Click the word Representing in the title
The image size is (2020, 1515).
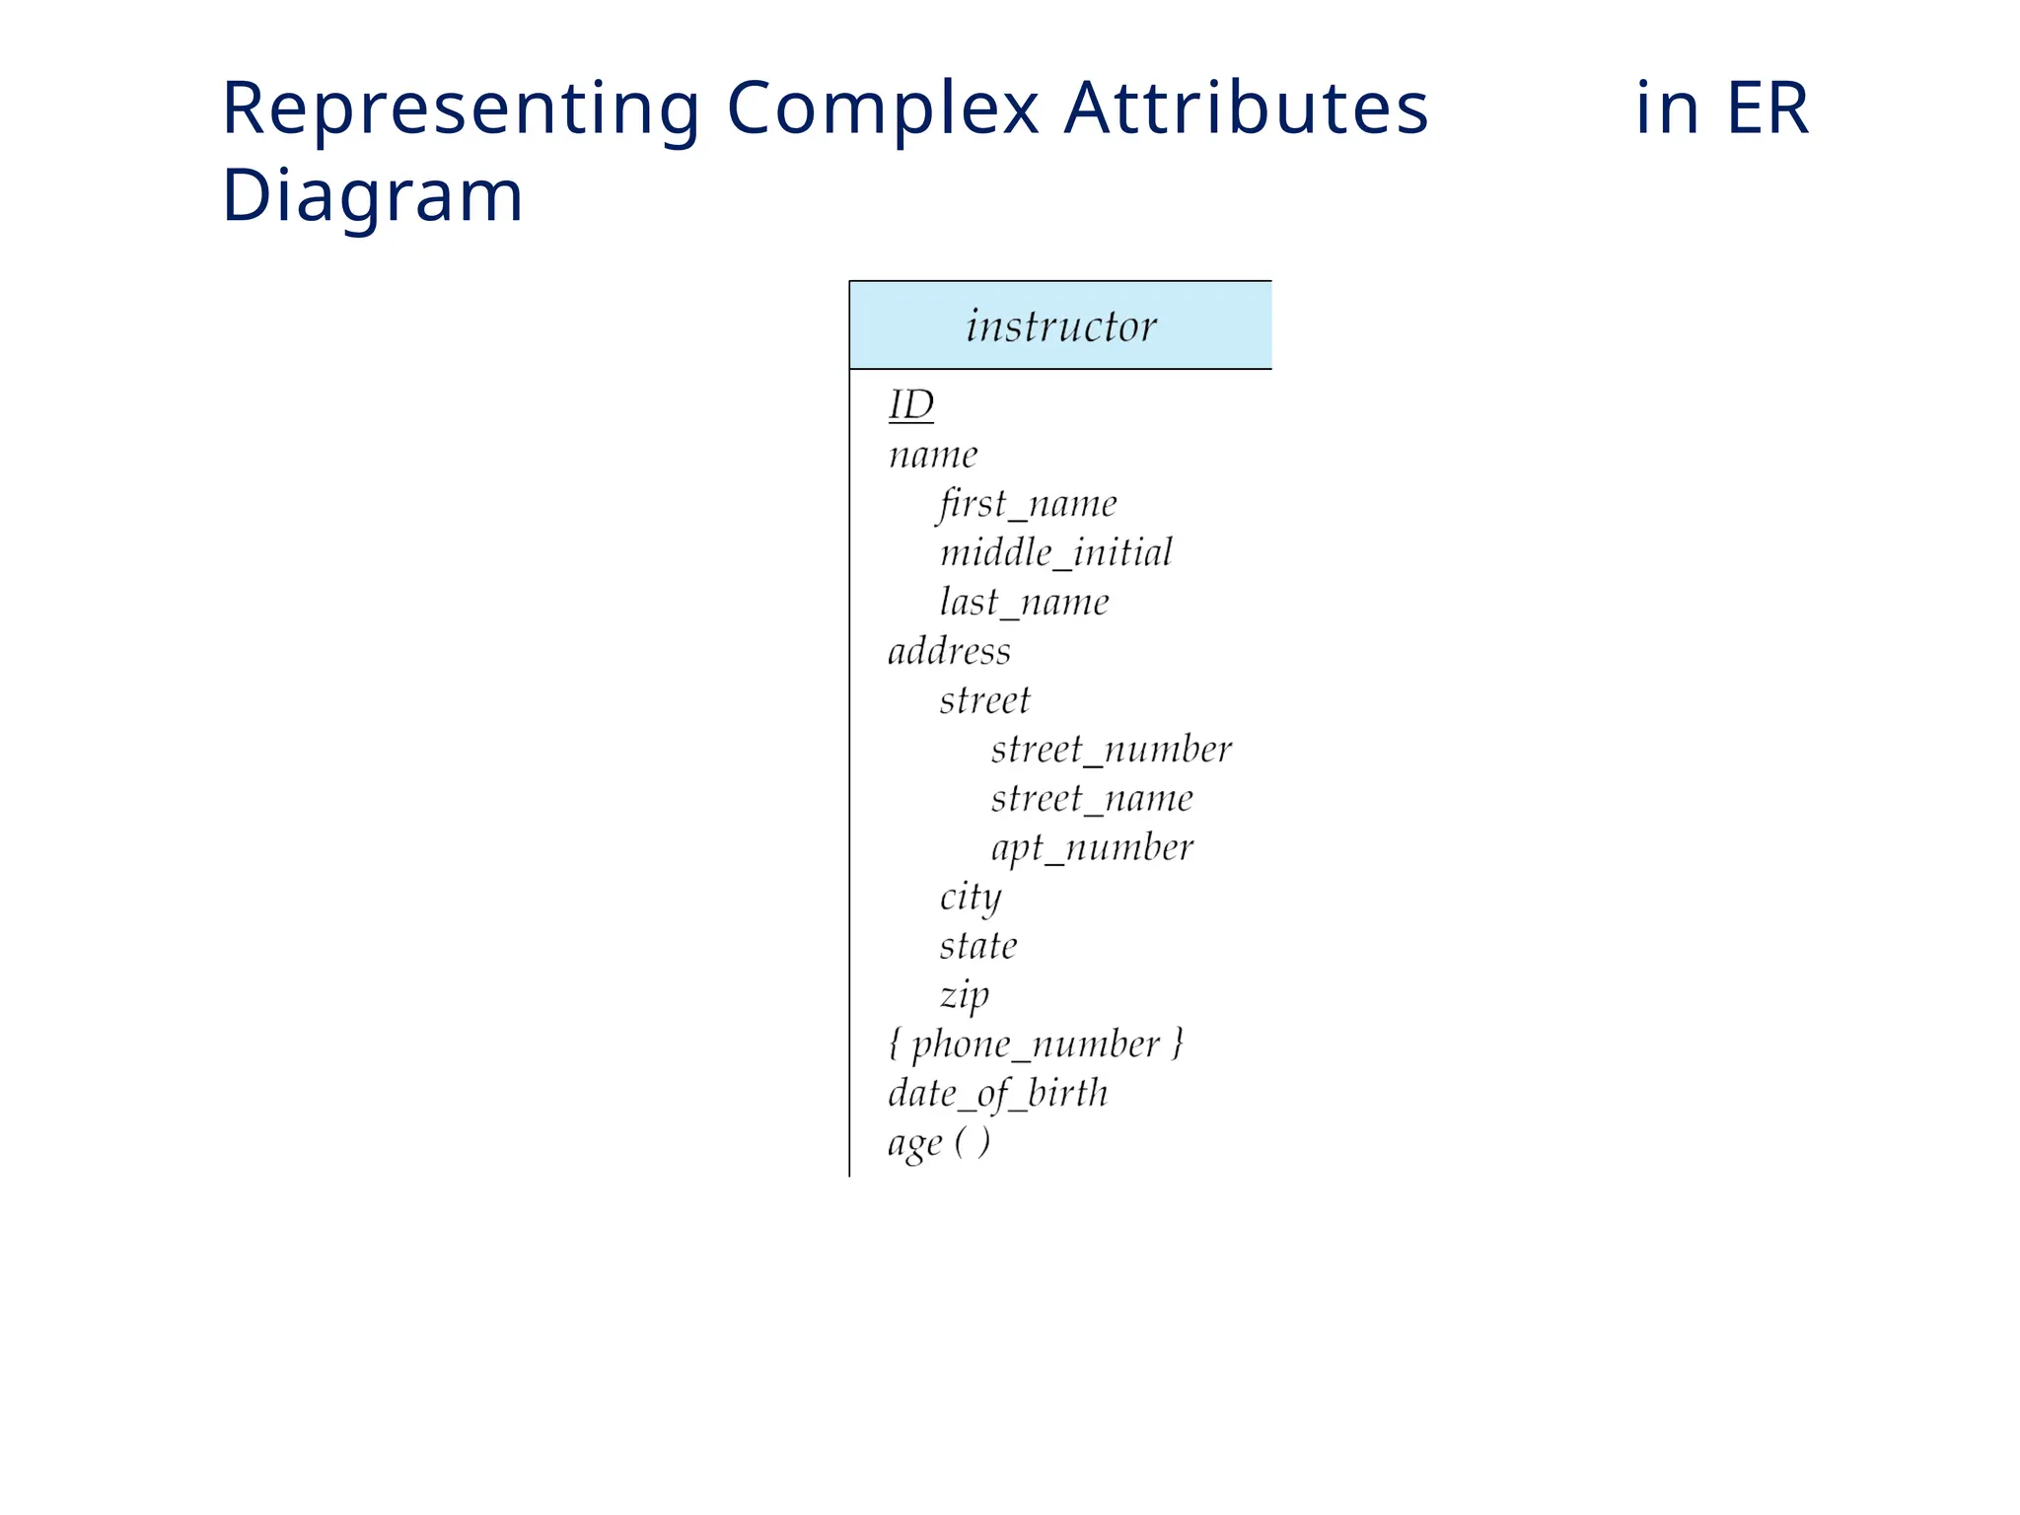(461, 108)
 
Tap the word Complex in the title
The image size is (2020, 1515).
(883, 108)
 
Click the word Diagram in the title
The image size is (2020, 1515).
(372, 195)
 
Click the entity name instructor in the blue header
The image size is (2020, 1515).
(1060, 326)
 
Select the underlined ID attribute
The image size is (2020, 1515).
(910, 404)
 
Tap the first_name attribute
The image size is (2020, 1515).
(1027, 504)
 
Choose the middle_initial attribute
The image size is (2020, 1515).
(1055, 552)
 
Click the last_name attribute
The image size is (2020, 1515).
(1024, 602)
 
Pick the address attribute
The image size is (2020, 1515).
(949, 651)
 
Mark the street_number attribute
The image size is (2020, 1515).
(1111, 750)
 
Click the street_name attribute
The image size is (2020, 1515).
(1092, 798)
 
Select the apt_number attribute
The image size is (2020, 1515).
(1092, 847)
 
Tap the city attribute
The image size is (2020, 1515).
(970, 898)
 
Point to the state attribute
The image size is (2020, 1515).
(977, 946)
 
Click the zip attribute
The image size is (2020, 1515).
(964, 995)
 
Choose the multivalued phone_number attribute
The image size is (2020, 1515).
(1035, 1045)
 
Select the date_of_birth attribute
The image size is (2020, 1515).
(997, 1094)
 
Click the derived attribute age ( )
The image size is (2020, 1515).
(938, 1143)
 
